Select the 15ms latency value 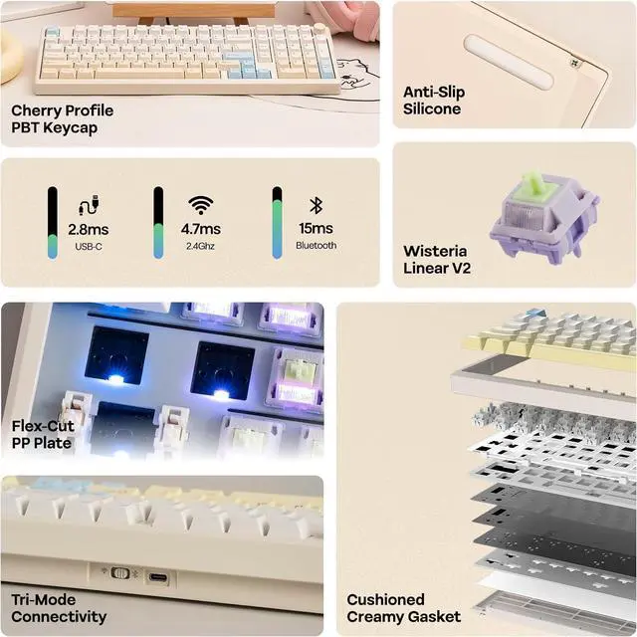[316, 229]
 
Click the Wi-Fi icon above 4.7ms [202, 205]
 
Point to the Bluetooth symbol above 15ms [316, 205]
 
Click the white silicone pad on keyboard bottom [509, 63]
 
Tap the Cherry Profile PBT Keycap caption [62, 118]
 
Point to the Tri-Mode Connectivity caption [59, 609]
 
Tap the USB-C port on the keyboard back [157, 574]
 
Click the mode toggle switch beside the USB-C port [120, 574]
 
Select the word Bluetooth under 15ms [316, 245]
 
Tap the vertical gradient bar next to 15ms [278, 222]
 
